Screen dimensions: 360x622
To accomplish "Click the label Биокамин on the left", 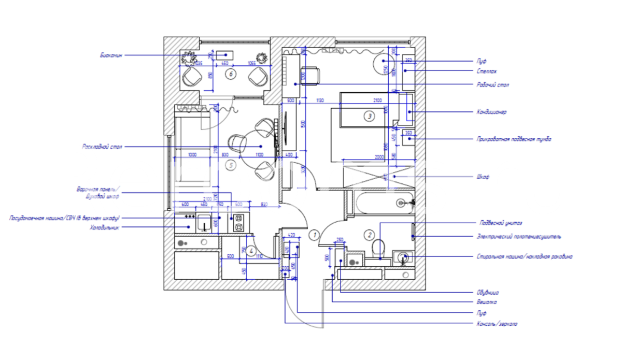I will pos(111,55).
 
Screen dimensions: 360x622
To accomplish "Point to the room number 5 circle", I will pos(231,165).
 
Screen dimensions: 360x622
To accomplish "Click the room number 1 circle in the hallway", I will pos(313,235).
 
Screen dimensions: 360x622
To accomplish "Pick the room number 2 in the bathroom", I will pos(370,235).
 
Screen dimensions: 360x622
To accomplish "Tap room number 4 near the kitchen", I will pos(251,252).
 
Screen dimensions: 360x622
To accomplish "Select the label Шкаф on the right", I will pos(483,177).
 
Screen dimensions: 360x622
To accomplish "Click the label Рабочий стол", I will pos(492,84).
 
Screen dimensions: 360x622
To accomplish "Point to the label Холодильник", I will pos(105,227).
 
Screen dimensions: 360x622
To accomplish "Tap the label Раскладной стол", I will pos(102,147).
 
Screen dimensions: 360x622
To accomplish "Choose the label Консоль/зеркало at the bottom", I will pos(497,324).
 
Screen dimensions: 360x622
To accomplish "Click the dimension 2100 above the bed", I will pos(377,100).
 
